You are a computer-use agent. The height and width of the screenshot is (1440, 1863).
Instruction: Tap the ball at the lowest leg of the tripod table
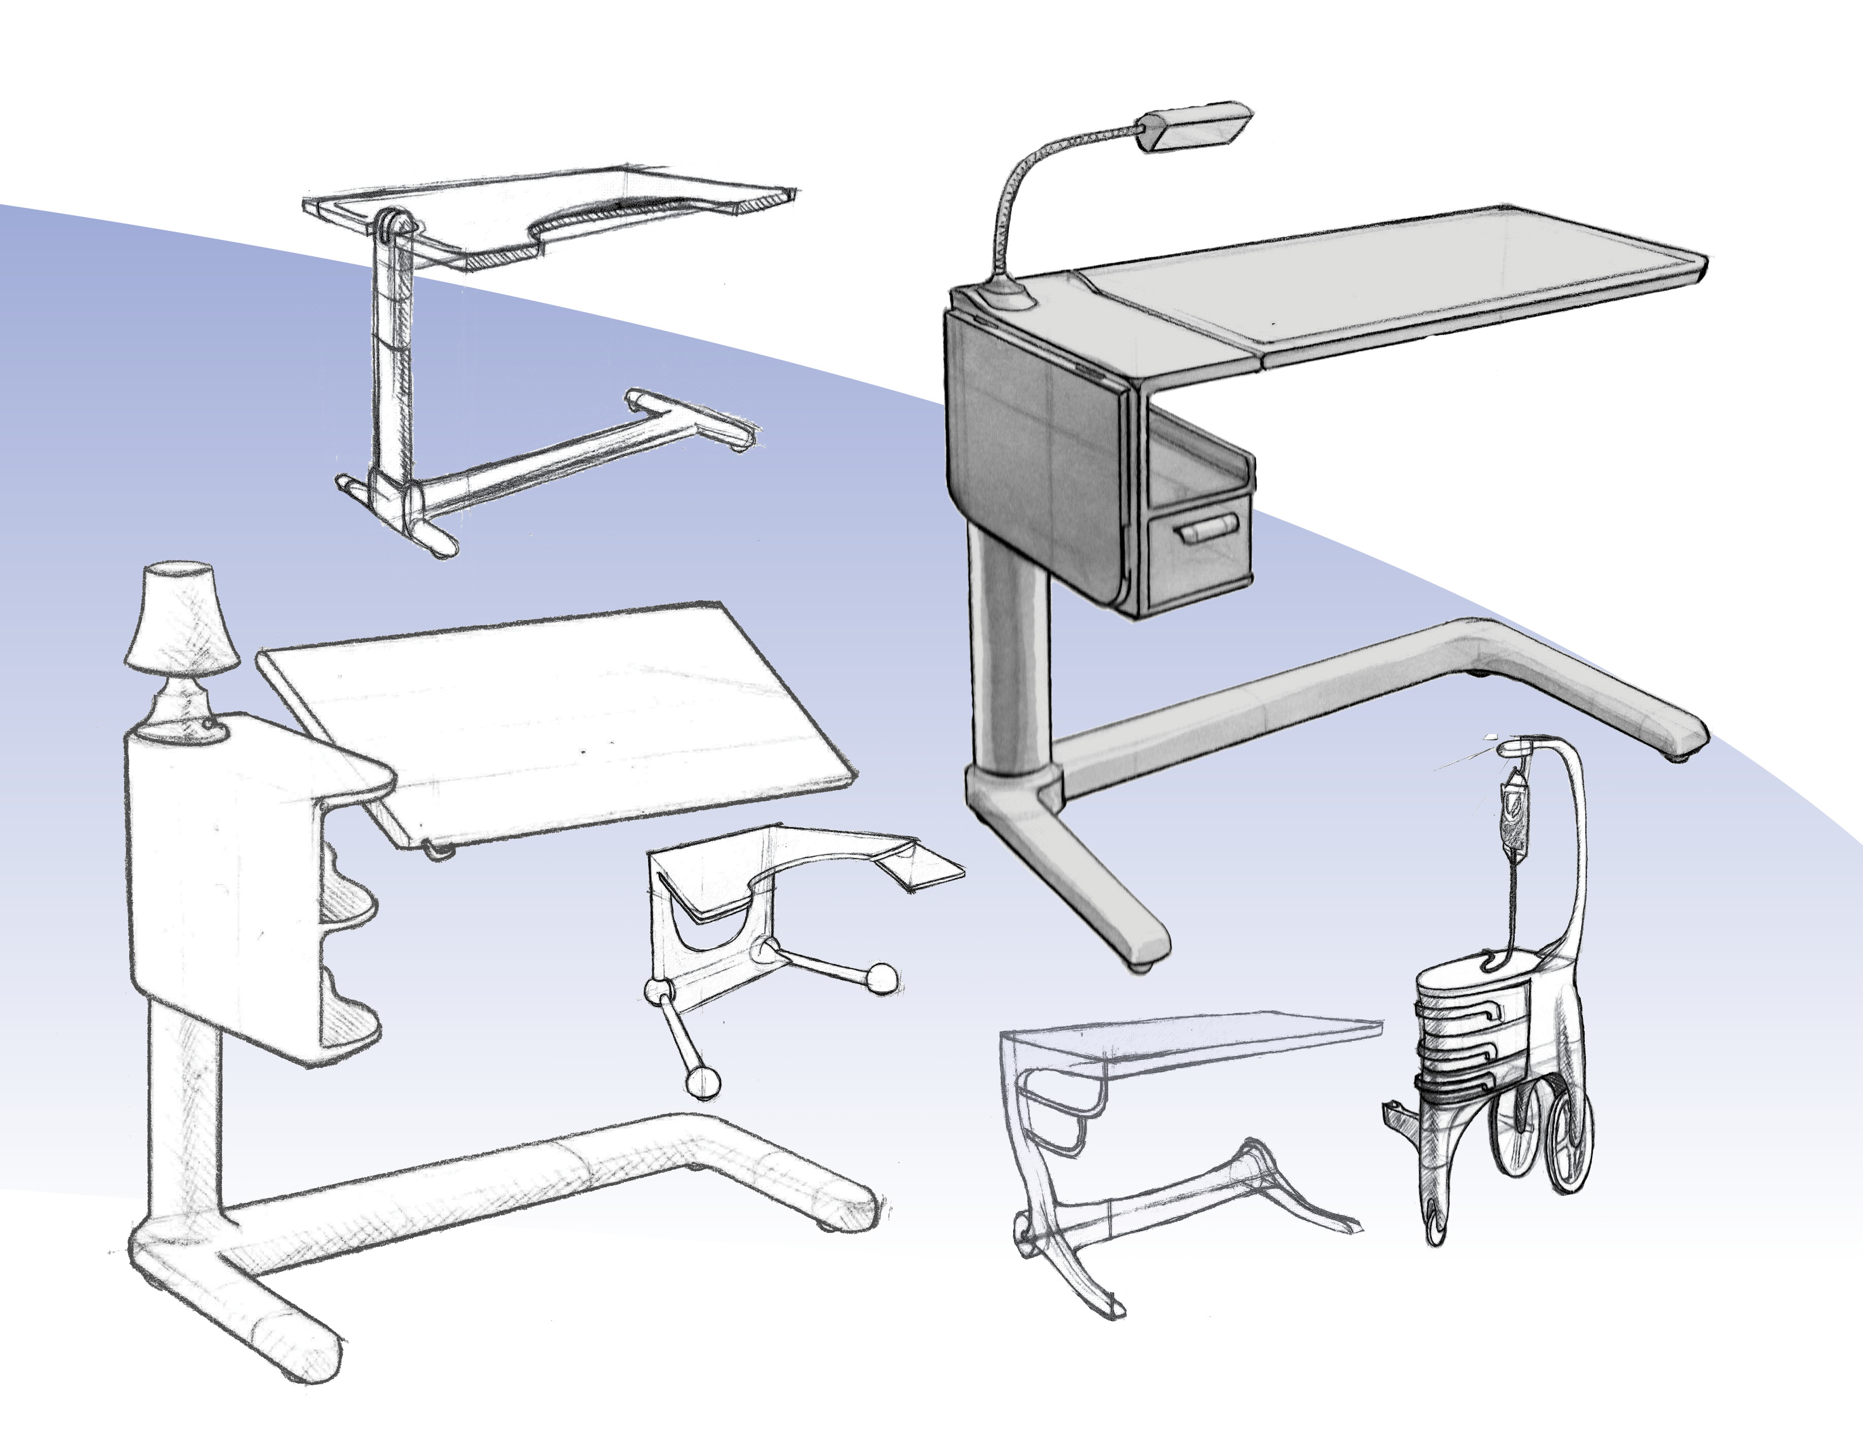[705, 1083]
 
